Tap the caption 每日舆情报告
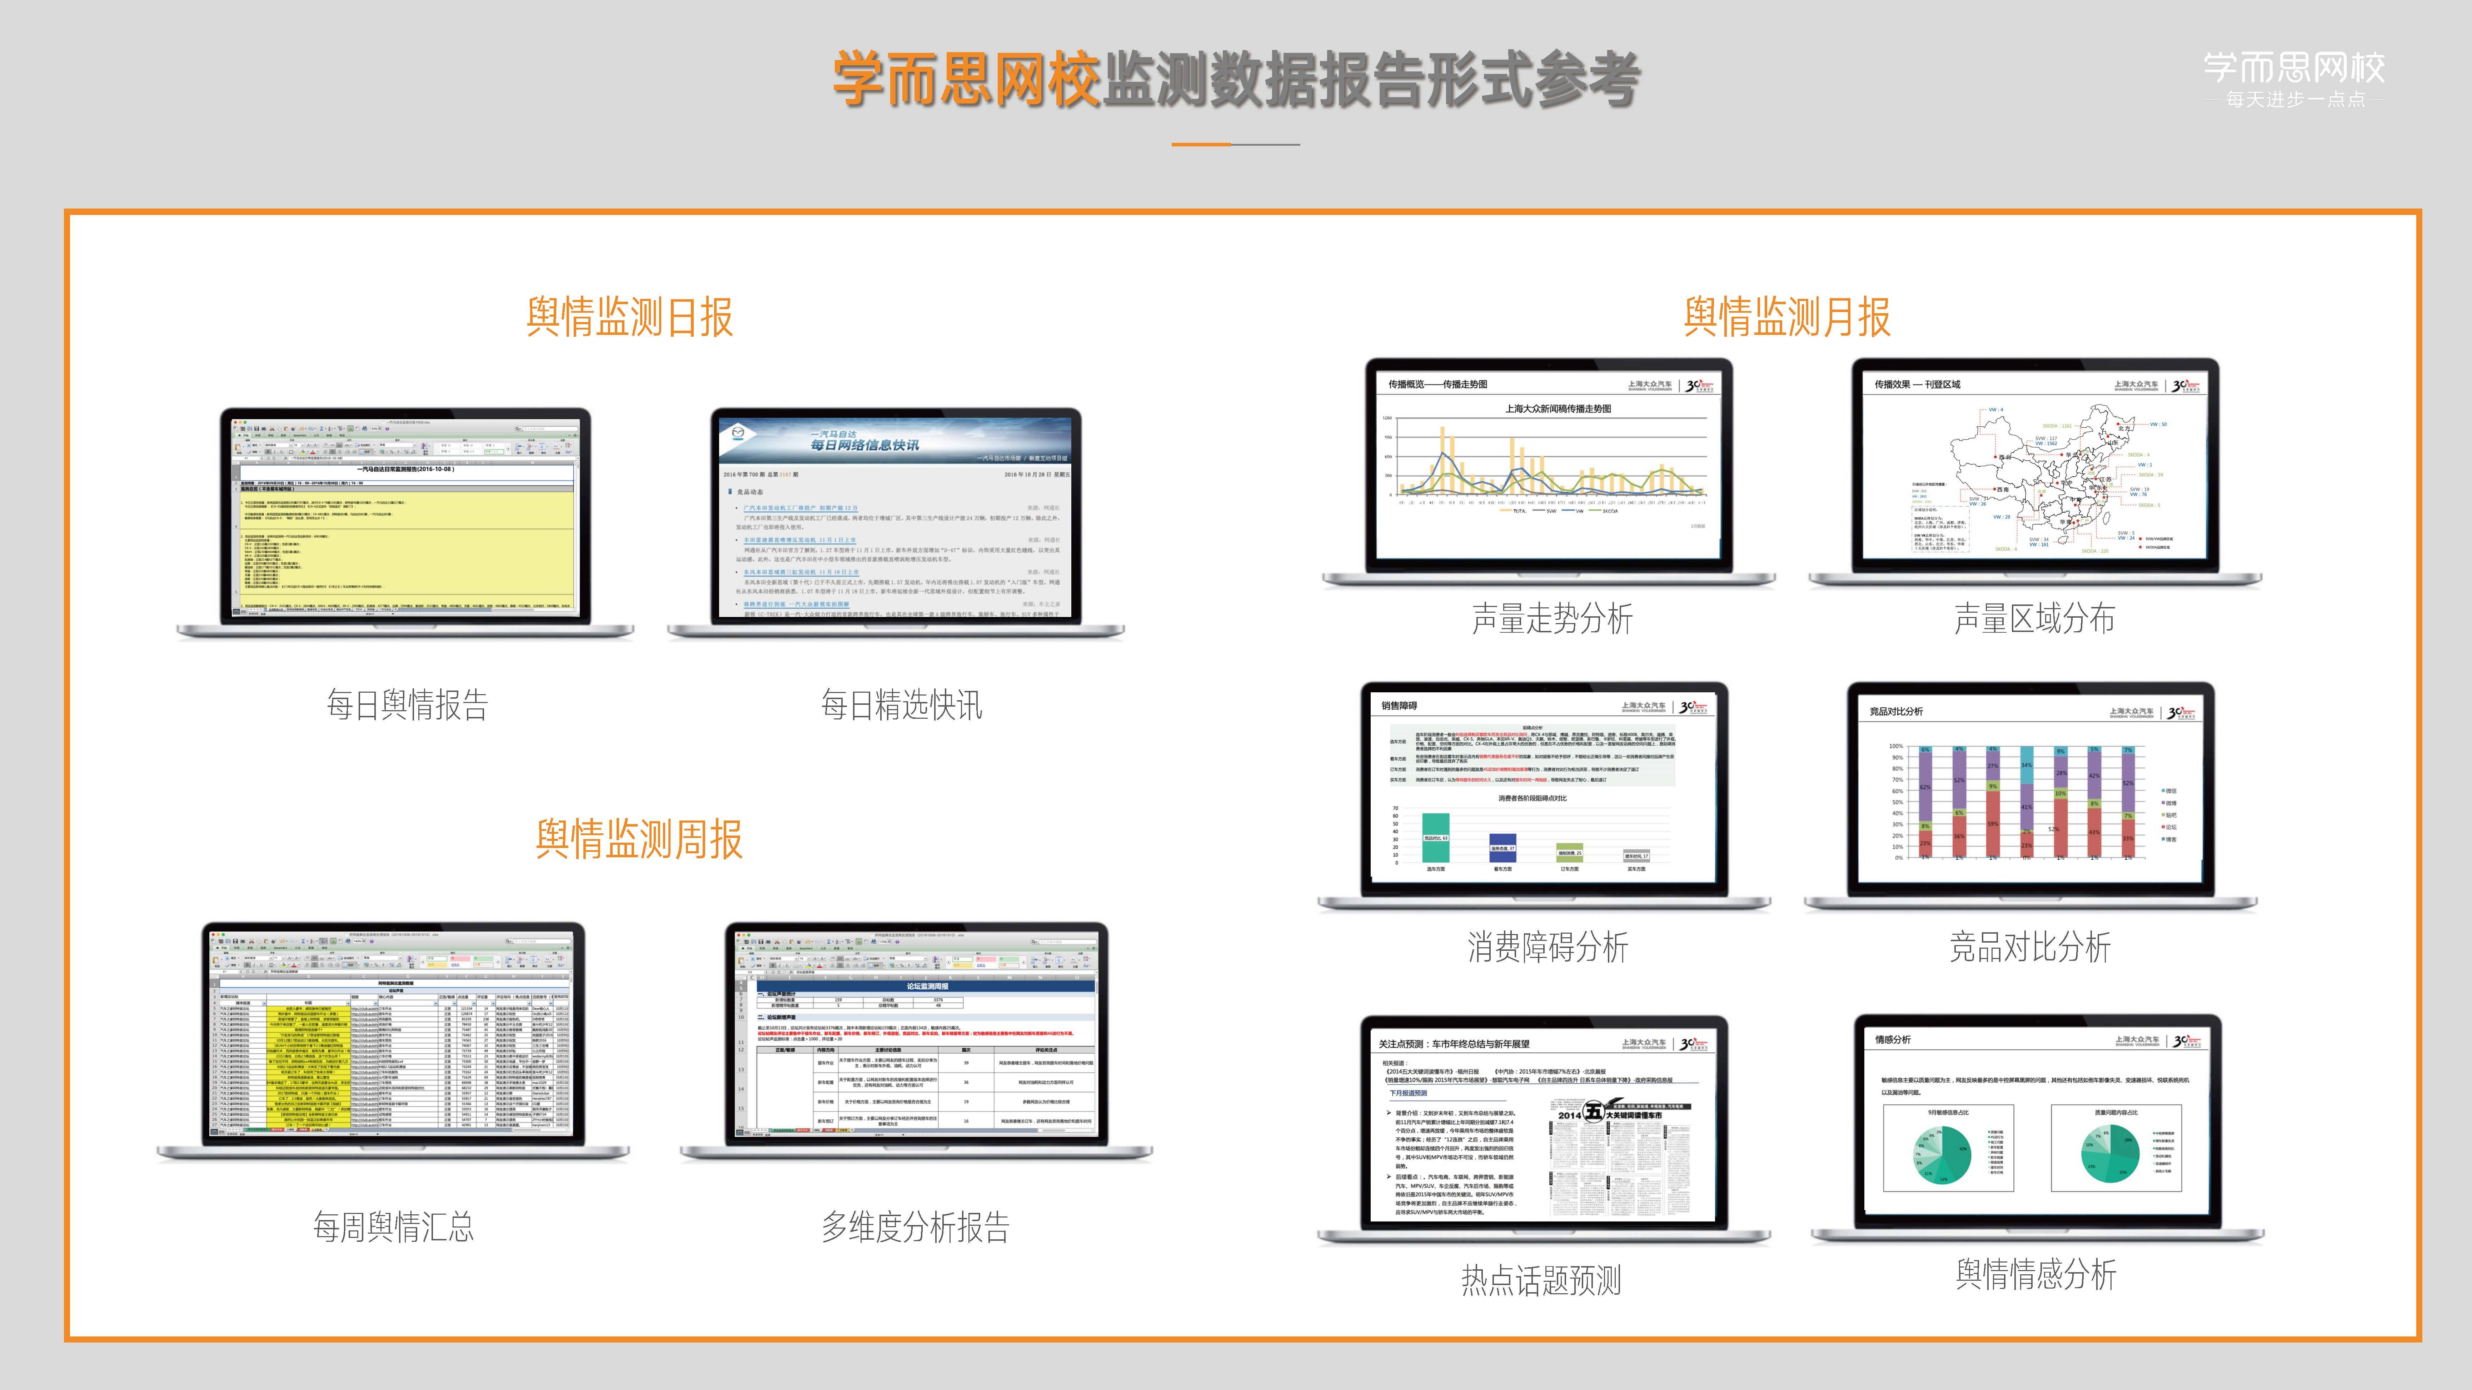(x=408, y=705)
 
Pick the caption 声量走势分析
(x=1552, y=619)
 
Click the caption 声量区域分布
(x=2034, y=619)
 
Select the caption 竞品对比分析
(x=2030, y=947)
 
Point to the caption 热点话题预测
(x=1541, y=1280)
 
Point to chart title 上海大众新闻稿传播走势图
(x=1558, y=409)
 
